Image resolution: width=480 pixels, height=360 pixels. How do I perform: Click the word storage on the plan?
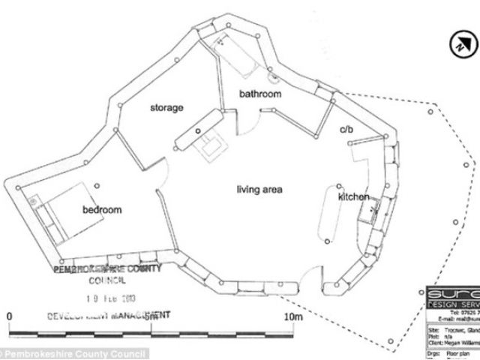tap(166, 108)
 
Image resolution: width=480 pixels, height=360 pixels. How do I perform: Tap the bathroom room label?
tap(260, 94)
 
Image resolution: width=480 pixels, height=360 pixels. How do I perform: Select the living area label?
tap(259, 190)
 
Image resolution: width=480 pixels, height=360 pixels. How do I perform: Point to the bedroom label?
tap(102, 210)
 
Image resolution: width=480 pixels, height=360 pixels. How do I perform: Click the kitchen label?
tap(353, 196)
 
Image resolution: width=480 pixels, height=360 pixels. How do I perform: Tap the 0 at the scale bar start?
tap(9, 316)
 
